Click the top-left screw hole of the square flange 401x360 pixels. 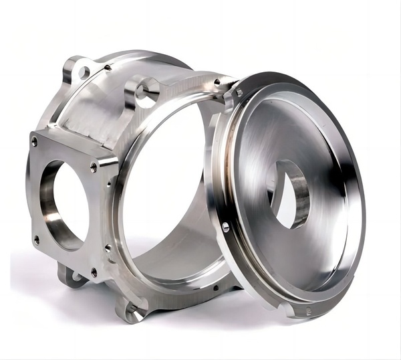[34, 141]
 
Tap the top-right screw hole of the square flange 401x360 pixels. [94, 162]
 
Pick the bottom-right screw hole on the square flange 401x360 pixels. [94, 272]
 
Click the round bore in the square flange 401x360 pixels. [63, 205]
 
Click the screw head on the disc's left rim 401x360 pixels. [225, 228]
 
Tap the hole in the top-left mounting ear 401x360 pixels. [83, 71]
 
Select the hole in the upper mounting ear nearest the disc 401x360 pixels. [144, 94]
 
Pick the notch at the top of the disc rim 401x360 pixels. [235, 92]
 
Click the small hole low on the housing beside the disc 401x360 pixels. [215, 289]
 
